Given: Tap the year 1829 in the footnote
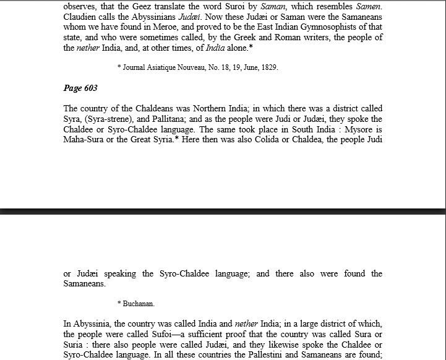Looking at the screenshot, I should [269, 67].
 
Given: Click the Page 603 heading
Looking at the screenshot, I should [81, 88].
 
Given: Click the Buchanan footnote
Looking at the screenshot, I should [136, 304].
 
